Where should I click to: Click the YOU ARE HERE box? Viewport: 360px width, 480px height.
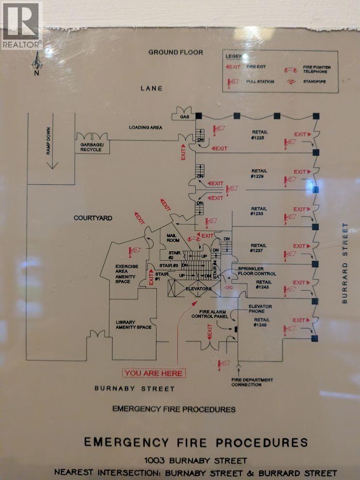(x=154, y=373)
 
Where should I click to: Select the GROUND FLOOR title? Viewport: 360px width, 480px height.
(x=175, y=52)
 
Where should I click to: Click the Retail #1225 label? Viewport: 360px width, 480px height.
(x=259, y=135)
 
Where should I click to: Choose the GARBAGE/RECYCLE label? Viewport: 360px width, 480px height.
(x=91, y=147)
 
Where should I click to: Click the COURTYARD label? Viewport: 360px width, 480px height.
(x=93, y=218)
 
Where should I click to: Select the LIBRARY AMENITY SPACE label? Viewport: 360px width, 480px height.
(x=133, y=324)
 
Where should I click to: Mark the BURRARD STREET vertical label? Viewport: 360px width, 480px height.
(x=344, y=263)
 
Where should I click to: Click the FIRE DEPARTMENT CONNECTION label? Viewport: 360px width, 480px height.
(x=252, y=382)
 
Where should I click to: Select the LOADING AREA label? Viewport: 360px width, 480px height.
(x=145, y=128)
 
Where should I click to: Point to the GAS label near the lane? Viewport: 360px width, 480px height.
(x=185, y=117)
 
